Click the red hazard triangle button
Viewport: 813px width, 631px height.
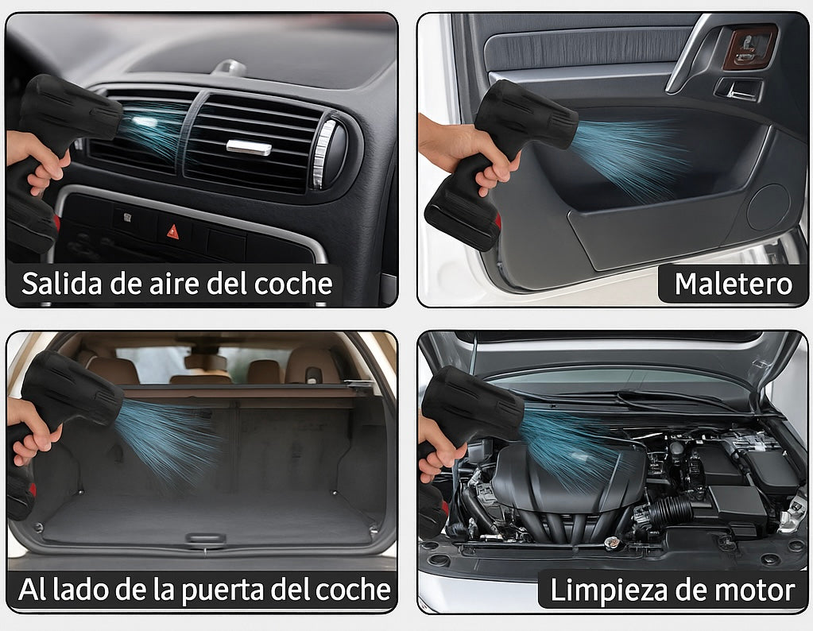tap(172, 231)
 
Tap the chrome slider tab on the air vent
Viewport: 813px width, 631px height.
tap(249, 147)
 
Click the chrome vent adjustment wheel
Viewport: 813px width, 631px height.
tap(324, 153)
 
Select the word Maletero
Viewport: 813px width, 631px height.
tap(734, 284)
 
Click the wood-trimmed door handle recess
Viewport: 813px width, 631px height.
tap(749, 47)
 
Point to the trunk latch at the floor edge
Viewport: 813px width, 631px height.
tap(206, 538)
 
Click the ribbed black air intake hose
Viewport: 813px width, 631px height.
tap(669, 511)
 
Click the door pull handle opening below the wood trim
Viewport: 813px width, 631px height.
tap(739, 89)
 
